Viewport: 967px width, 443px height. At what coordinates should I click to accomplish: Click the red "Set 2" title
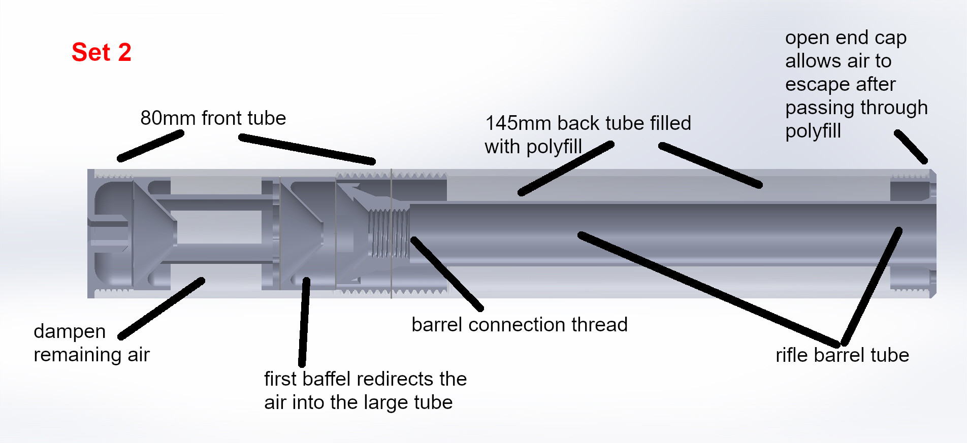[x=102, y=52]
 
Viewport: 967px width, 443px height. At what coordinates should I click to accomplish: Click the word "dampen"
[x=70, y=331]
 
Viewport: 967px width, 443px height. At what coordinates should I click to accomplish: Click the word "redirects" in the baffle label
[x=395, y=379]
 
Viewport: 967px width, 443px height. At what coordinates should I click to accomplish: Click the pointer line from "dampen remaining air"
[x=162, y=309]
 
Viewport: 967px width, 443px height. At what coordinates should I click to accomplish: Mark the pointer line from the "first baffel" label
[x=304, y=322]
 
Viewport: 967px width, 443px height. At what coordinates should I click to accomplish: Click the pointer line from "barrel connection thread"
[x=447, y=274]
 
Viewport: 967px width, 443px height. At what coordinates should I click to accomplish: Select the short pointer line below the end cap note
[x=911, y=147]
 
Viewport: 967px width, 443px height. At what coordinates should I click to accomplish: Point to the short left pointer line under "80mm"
[x=150, y=146]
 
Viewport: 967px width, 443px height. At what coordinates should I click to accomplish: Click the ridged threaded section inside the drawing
[x=389, y=234]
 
